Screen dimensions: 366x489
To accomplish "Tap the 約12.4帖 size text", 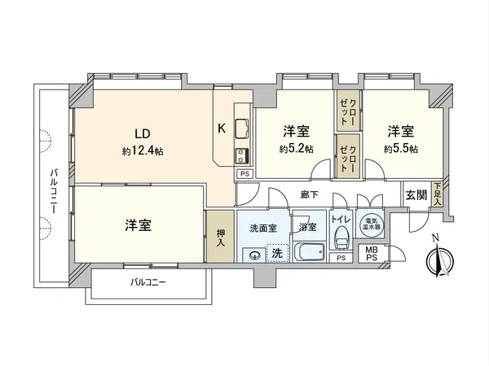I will tap(143, 150).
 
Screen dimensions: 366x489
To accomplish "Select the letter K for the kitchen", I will tap(221, 129).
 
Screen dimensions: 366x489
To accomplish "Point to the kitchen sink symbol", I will tap(243, 129).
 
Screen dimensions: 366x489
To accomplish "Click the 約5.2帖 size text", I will tap(294, 149).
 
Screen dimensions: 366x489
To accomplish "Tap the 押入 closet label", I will tap(218, 237).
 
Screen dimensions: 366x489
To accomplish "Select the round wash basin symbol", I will tap(255, 254).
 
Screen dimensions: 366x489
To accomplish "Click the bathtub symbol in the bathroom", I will tap(307, 253).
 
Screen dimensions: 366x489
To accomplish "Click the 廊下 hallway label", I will tap(308, 195).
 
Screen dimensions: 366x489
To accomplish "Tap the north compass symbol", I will tap(438, 260).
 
